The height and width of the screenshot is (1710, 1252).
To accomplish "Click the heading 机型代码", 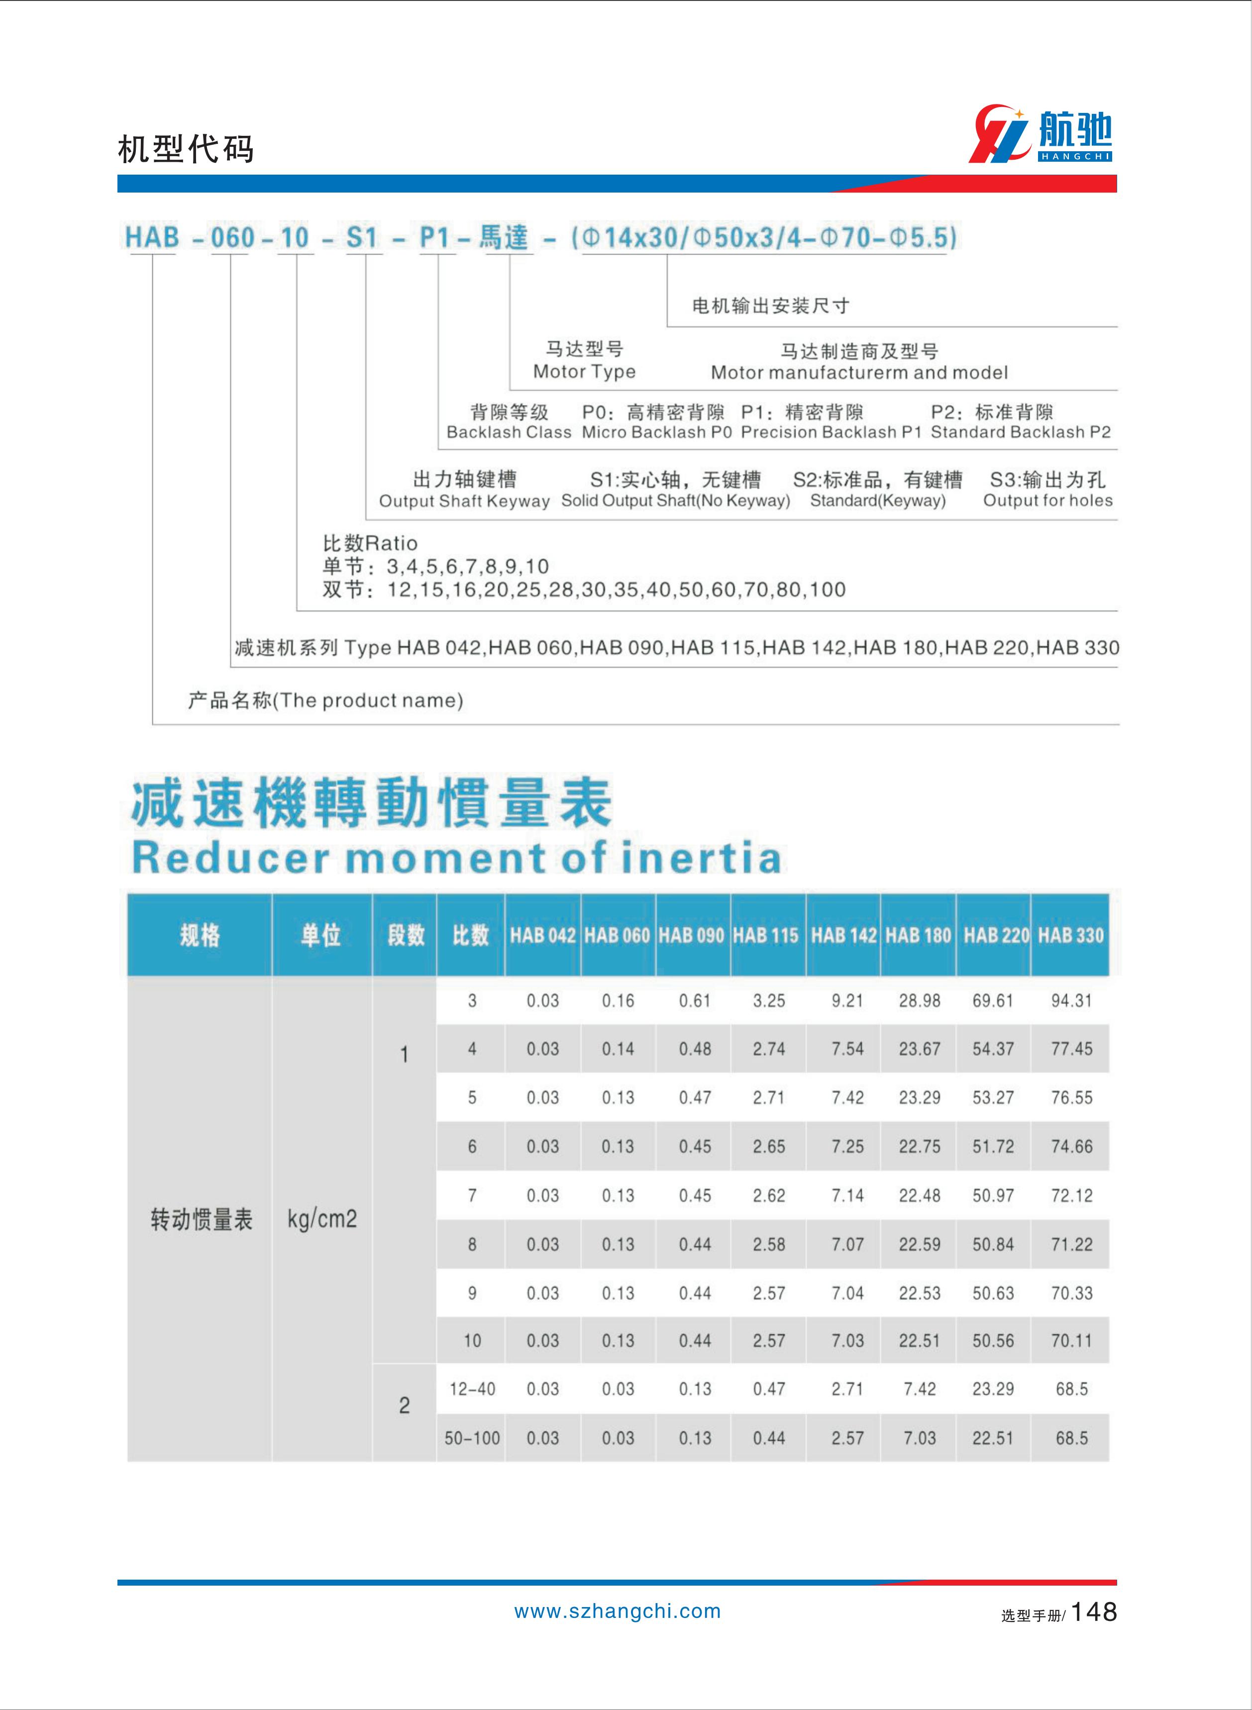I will point(186,149).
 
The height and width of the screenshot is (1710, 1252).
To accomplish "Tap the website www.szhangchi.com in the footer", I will point(618,1611).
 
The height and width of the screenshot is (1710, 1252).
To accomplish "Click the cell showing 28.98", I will point(919,1001).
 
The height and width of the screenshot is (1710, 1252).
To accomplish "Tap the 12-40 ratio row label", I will point(472,1389).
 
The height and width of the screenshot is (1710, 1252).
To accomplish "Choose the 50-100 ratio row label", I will point(472,1437).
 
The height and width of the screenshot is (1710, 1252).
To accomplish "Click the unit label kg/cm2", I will point(322,1219).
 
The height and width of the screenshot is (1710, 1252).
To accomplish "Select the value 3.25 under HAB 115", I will point(768,1001).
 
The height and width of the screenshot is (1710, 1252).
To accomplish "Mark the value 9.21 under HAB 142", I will point(846,1001).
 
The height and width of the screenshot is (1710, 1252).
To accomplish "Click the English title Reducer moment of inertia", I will point(456,858).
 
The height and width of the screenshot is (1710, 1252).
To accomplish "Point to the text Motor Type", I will point(584,371).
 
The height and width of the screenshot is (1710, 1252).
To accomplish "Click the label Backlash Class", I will point(509,432).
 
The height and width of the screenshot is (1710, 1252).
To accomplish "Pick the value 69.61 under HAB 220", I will point(993,1001).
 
